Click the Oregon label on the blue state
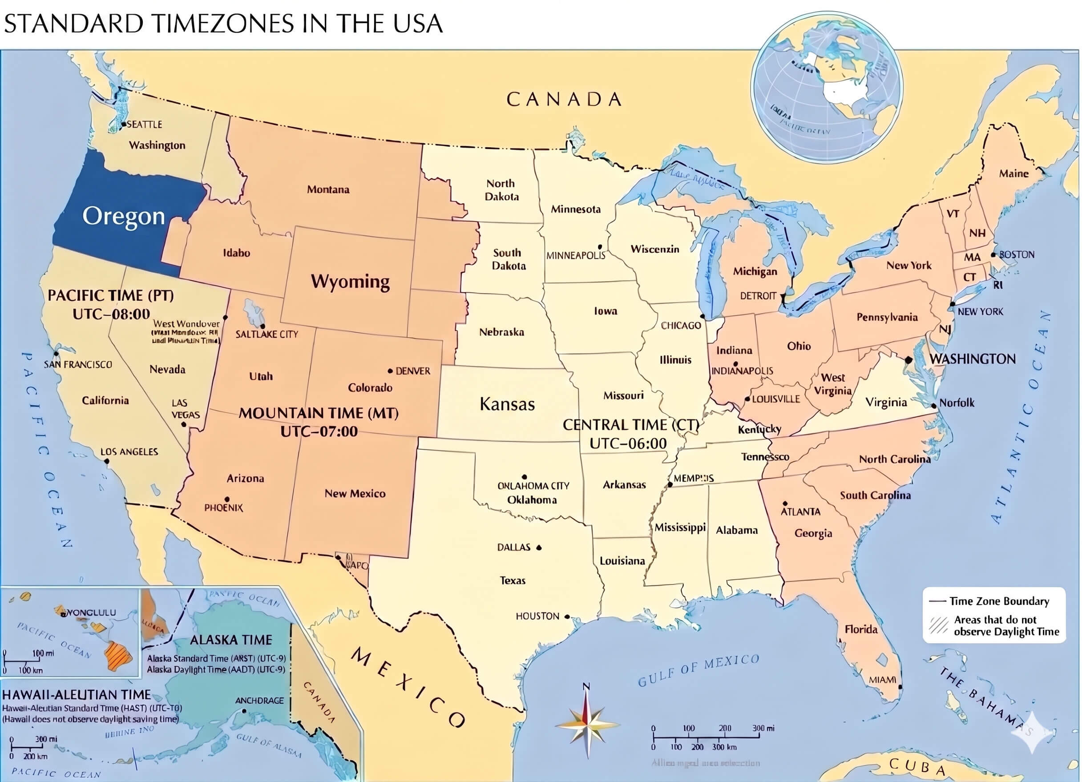point(124,216)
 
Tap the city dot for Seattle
point(124,125)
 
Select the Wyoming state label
point(350,282)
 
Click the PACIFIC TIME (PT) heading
point(111,295)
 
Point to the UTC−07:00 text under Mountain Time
point(319,431)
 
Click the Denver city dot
point(390,371)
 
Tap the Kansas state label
point(507,404)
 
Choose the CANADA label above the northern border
point(564,99)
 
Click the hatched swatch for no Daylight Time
point(938,625)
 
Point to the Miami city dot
point(900,687)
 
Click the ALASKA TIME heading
point(231,640)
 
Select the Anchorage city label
point(259,701)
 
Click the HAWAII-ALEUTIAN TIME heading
point(77,695)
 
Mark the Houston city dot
point(567,617)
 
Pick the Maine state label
point(1014,173)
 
